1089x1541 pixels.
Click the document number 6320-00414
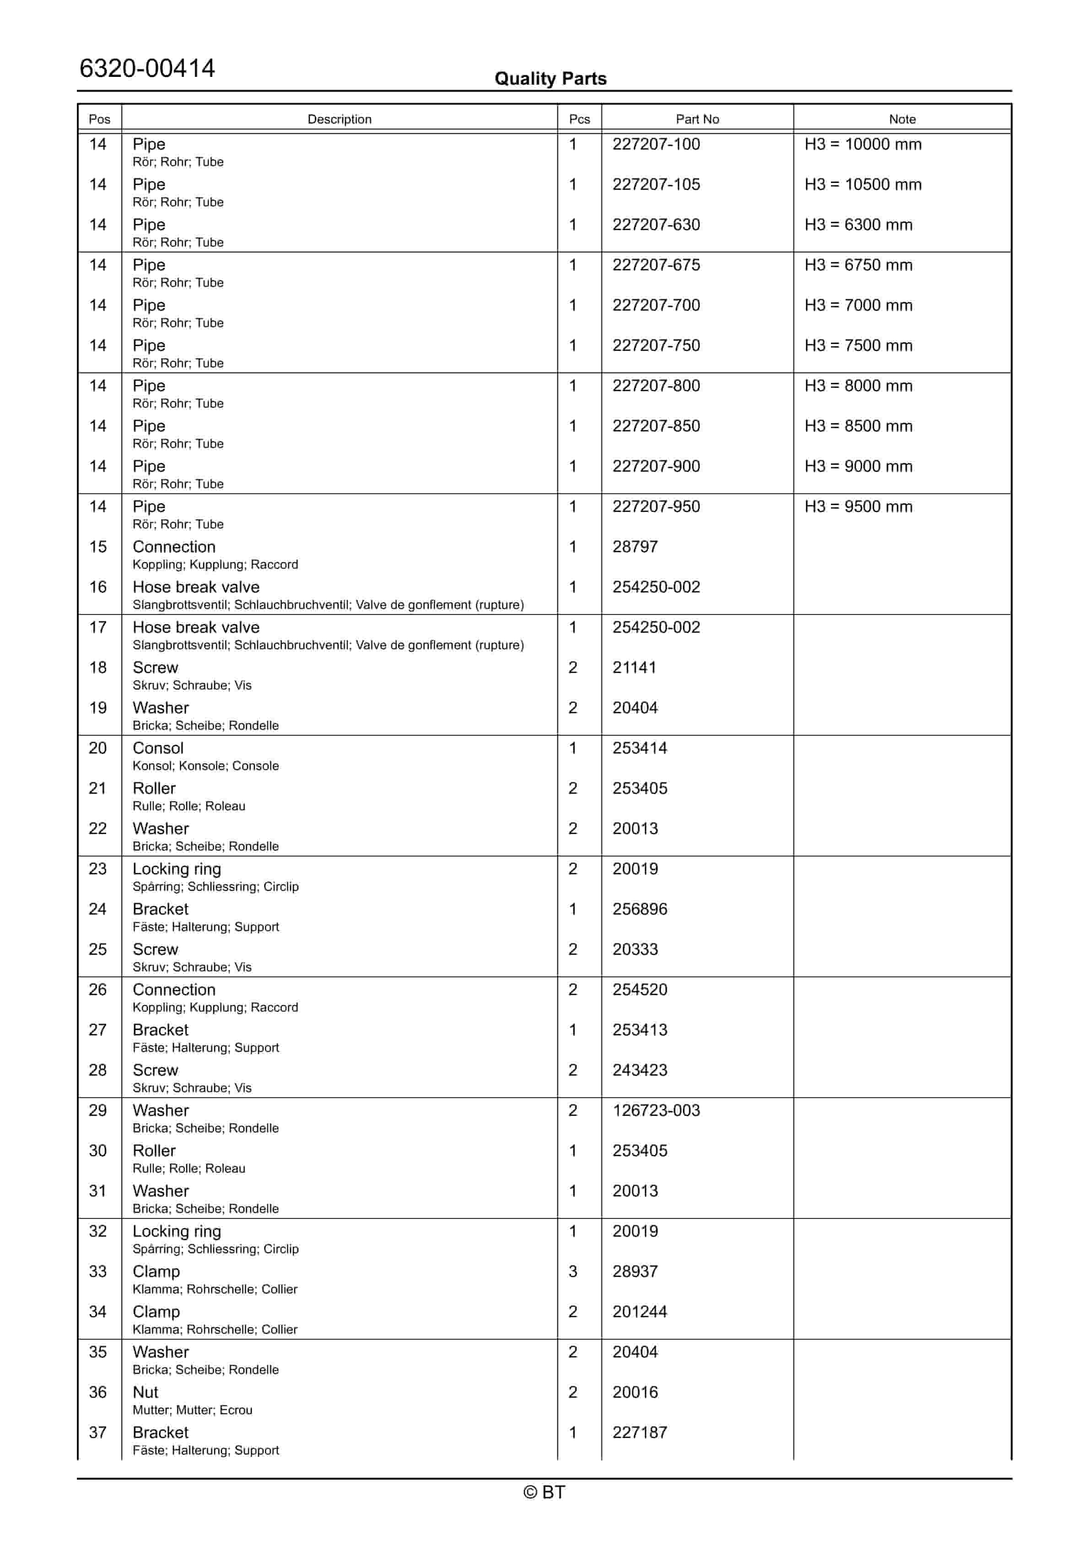coord(147,69)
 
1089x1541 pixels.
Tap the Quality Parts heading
coord(550,79)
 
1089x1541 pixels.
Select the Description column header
coord(339,119)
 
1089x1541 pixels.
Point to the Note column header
coord(902,119)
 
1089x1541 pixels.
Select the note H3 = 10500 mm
coord(863,184)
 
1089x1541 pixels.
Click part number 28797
coord(635,547)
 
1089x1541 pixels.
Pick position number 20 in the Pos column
coord(98,749)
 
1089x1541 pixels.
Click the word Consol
coord(158,749)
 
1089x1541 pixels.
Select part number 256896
coord(639,910)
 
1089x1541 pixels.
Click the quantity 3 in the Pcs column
coord(573,1272)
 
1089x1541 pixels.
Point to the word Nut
coord(145,1393)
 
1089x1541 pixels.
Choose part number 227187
coord(639,1433)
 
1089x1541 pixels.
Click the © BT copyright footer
coord(544,1492)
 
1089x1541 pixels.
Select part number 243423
coord(639,1071)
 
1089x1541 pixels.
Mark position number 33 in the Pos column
coord(98,1272)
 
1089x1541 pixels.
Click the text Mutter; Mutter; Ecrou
coord(192,1410)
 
